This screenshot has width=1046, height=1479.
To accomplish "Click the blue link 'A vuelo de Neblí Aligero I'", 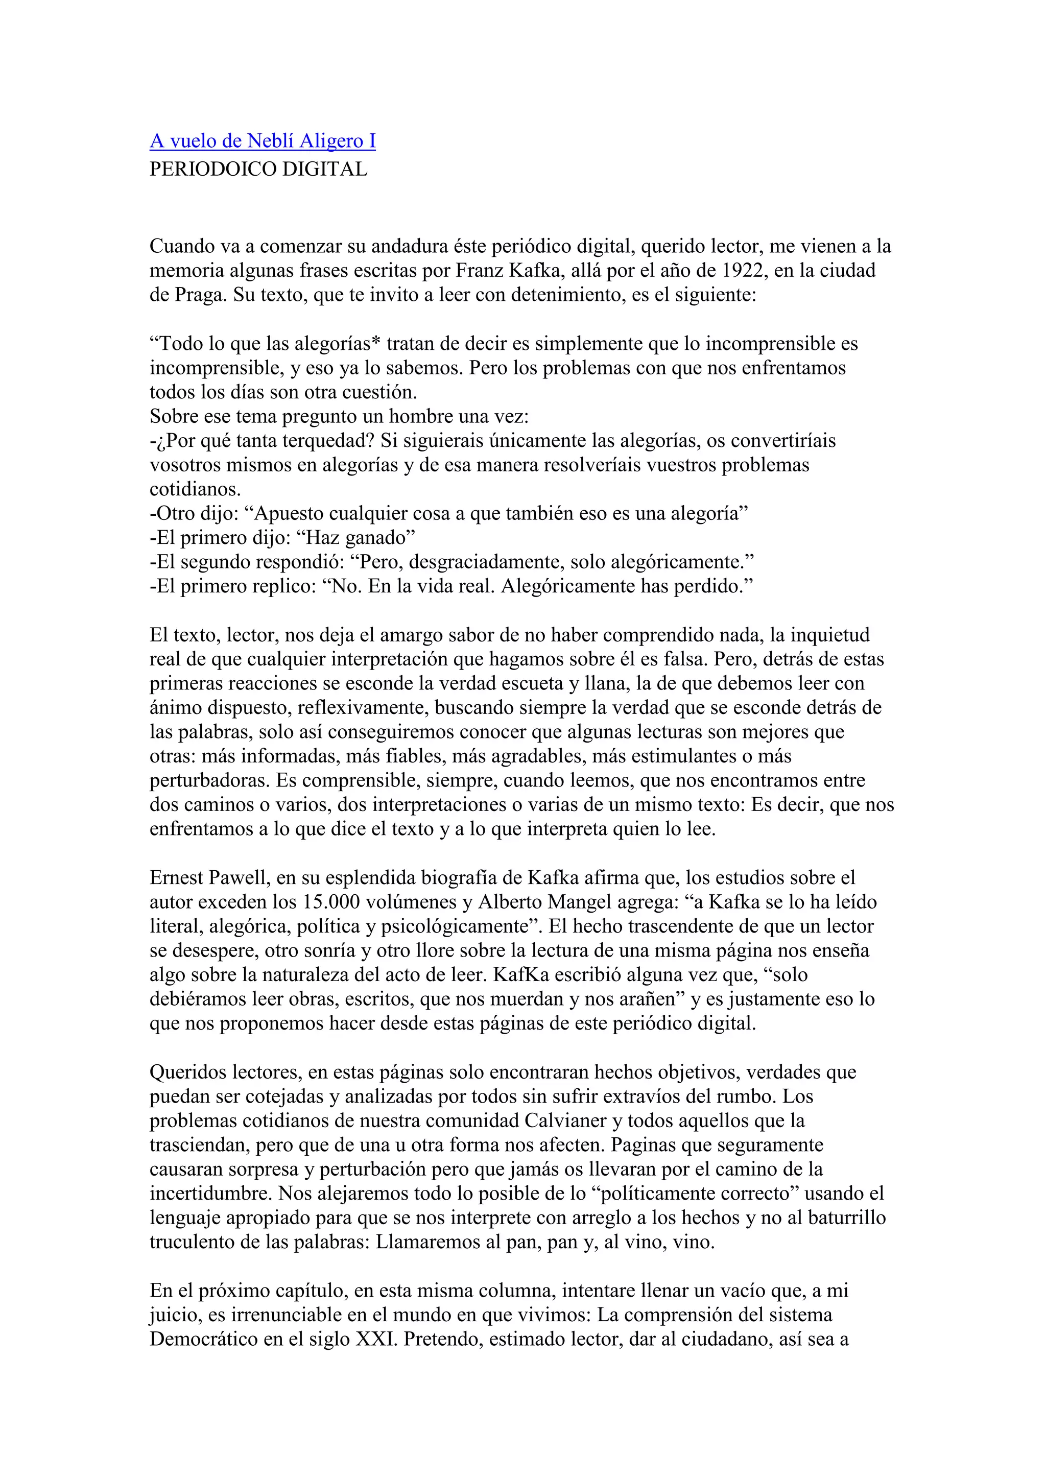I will (263, 140).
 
